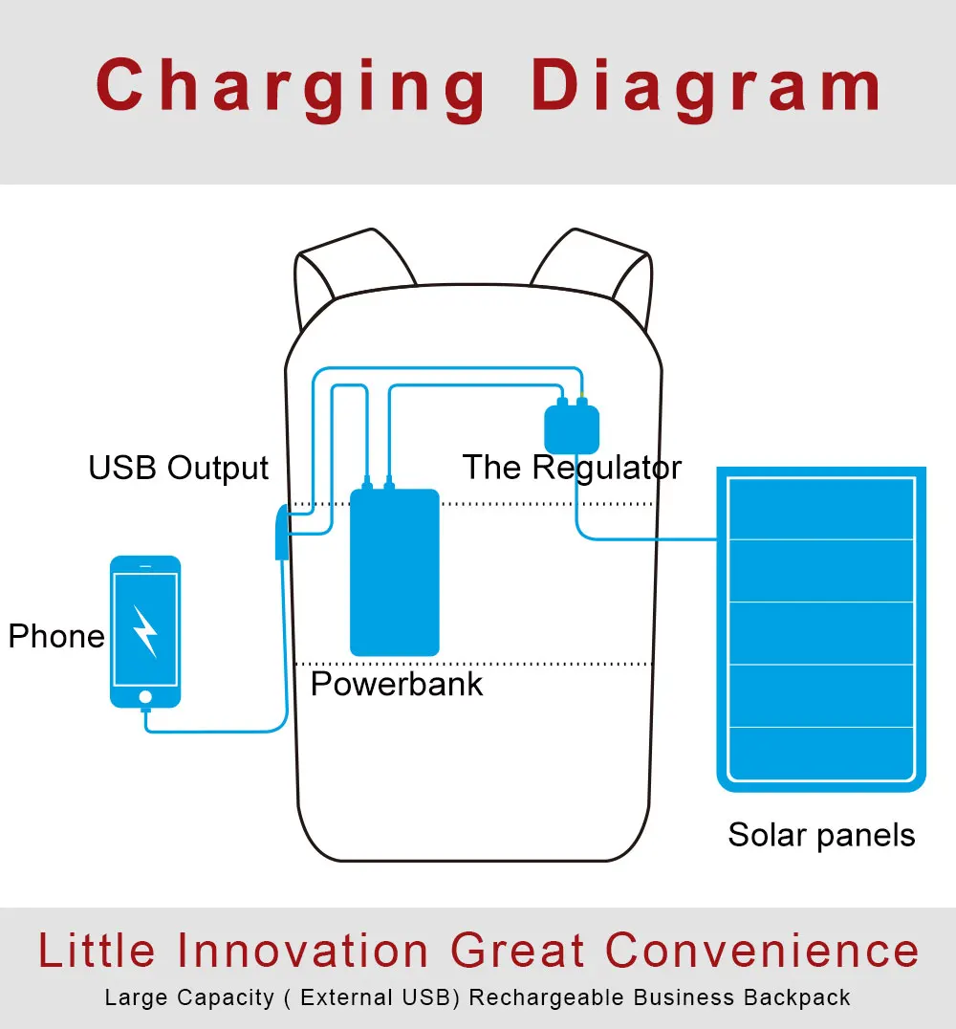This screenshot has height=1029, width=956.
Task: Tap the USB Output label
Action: [179, 469]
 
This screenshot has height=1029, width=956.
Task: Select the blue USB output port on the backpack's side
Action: [280, 533]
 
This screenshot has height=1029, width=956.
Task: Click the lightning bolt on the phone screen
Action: [145, 630]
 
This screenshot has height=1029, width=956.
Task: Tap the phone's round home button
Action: [145, 695]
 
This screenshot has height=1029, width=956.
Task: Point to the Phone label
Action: [56, 636]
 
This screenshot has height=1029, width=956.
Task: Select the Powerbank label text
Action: [397, 684]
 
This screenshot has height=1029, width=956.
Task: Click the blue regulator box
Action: [572, 428]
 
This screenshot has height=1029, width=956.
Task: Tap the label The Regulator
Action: [572, 468]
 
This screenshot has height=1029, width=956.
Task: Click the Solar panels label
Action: [821, 835]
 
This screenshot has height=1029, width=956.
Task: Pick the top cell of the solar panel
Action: [821, 509]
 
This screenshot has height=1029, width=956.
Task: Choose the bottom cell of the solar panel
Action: [821, 754]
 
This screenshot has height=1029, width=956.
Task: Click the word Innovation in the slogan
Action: [303, 952]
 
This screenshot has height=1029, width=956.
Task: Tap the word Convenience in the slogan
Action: [762, 952]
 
